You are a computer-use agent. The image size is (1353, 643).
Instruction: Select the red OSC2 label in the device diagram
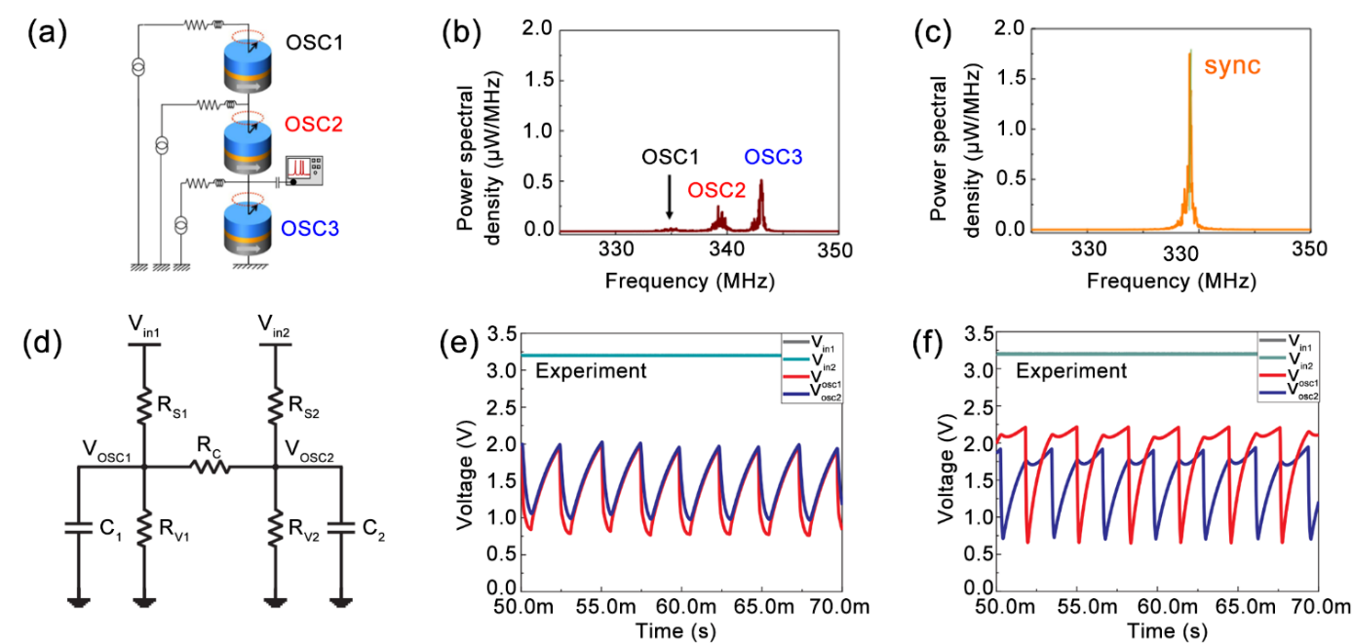tap(314, 126)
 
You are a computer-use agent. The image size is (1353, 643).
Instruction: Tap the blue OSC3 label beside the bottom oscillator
tap(311, 230)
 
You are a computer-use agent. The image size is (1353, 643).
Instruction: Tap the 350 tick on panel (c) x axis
tap(1307, 249)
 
